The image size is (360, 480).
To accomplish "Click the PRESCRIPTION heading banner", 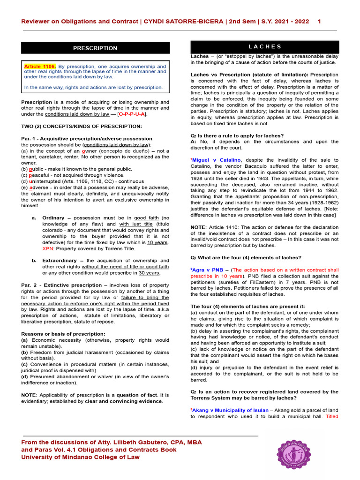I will pos(95,48).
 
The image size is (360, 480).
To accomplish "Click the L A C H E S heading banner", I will pos(264,47).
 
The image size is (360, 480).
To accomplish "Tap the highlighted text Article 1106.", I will pos(40,67).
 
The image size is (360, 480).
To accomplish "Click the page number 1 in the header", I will pos(319,22).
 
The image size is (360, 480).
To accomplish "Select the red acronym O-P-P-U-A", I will pos(132,114).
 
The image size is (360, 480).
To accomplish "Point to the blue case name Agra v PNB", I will pos(208,270).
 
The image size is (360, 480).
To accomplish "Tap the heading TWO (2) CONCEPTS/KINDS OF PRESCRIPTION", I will pos(82,127).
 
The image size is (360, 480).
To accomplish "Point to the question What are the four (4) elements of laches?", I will pos(246,257).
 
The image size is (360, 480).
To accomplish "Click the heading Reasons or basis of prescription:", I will pos(63,334).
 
